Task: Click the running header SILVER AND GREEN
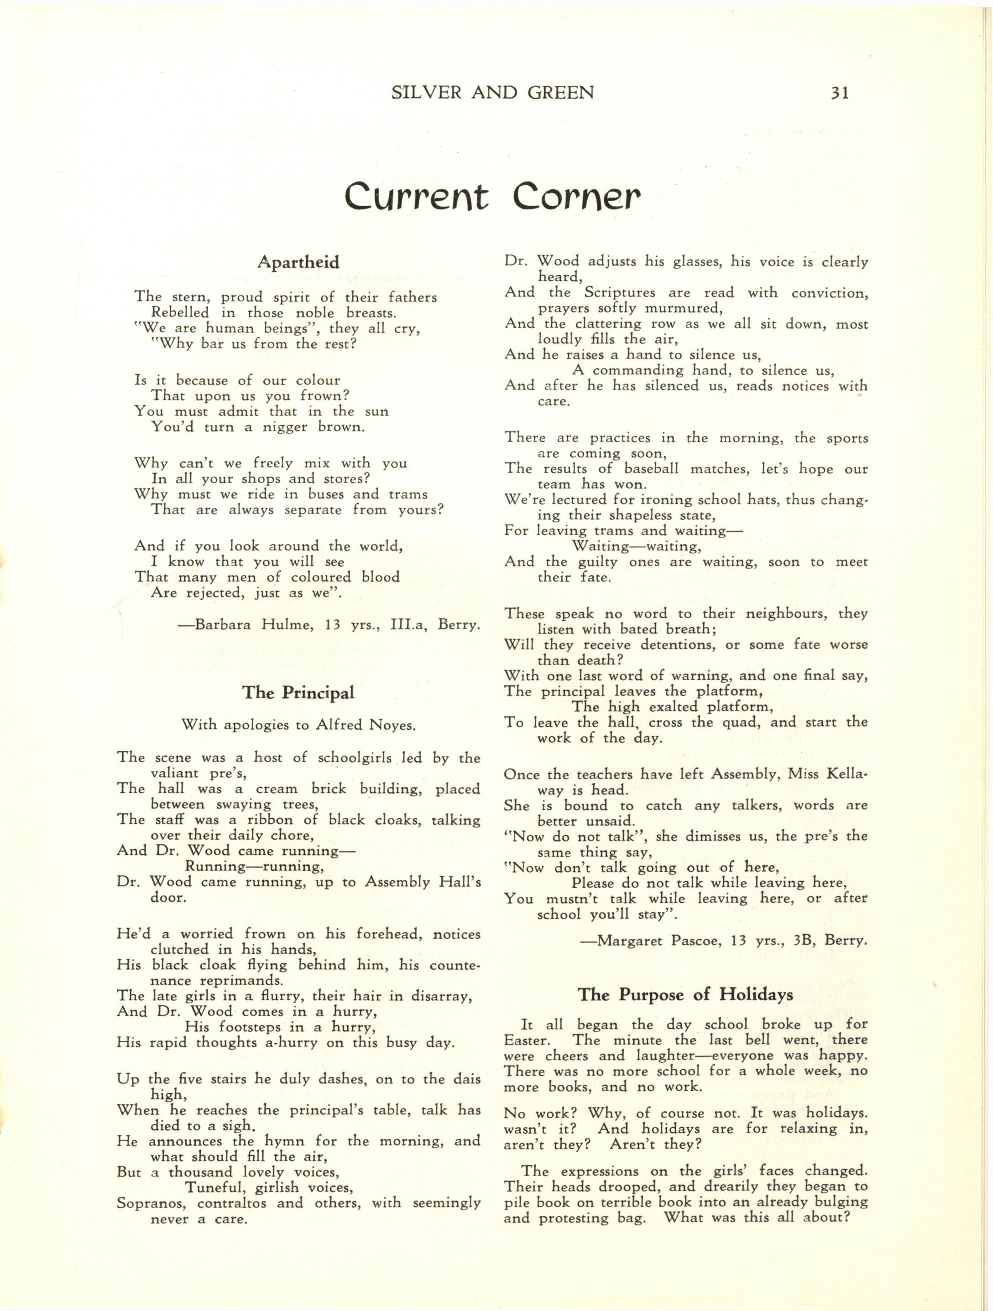[x=493, y=93]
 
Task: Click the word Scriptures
[x=620, y=293]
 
